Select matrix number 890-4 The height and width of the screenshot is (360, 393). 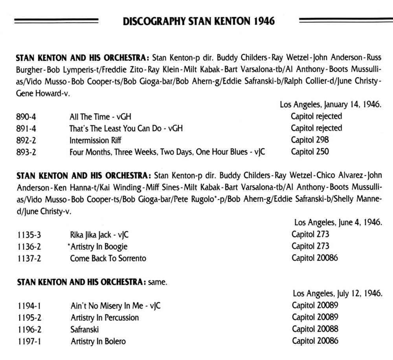tap(26, 116)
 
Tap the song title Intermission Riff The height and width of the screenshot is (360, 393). tap(95, 140)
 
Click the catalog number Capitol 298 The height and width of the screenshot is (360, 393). tap(310, 140)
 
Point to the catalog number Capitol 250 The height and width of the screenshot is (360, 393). tap(310, 151)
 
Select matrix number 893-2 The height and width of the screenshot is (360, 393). tap(26, 152)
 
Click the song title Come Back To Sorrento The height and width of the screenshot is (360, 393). tap(108, 258)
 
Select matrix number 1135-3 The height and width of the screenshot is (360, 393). tap(28, 235)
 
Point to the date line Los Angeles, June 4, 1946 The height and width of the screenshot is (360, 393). tap(338, 223)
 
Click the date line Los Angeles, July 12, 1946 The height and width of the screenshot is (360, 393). tap(338, 294)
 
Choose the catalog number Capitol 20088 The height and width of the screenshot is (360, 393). tap(315, 329)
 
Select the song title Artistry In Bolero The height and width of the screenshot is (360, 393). tap(98, 341)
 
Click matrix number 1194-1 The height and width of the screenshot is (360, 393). tap(28, 306)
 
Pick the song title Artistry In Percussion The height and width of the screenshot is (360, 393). tap(105, 318)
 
